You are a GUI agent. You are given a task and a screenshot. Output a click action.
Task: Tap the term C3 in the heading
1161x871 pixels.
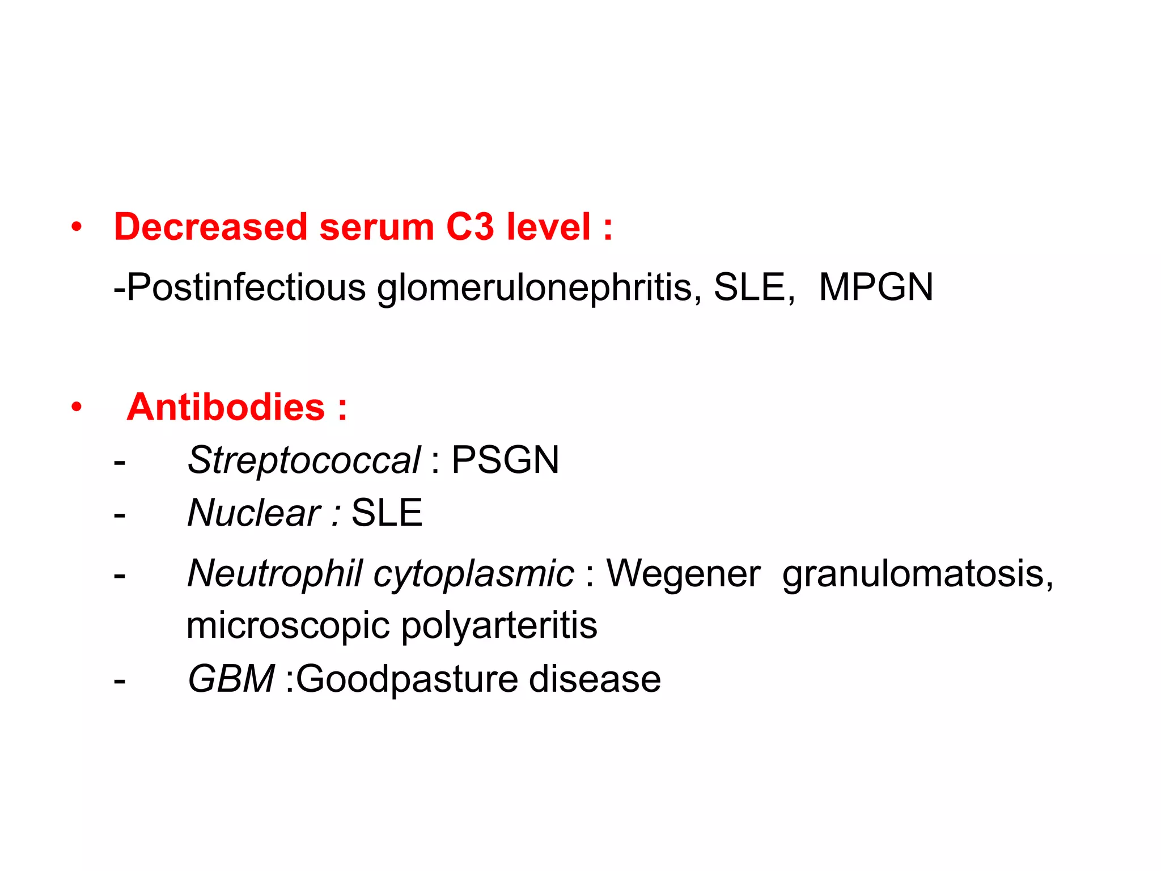point(470,227)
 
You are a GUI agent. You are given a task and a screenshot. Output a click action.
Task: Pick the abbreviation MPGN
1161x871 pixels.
point(876,287)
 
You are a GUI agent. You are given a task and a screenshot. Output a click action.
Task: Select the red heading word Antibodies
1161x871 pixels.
point(226,407)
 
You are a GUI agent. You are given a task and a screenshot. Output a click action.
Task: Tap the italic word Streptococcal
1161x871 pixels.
point(304,459)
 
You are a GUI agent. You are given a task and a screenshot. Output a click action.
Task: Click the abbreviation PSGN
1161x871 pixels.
point(505,459)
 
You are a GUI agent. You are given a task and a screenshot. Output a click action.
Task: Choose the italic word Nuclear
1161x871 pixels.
point(254,513)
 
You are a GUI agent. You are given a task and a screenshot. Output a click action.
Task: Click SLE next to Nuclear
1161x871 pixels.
point(387,513)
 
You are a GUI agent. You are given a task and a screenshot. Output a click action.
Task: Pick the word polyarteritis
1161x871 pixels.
point(499,625)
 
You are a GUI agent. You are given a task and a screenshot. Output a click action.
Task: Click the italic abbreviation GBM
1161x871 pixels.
point(231,679)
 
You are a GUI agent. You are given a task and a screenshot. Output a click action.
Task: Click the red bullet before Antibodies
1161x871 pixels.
point(77,407)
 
